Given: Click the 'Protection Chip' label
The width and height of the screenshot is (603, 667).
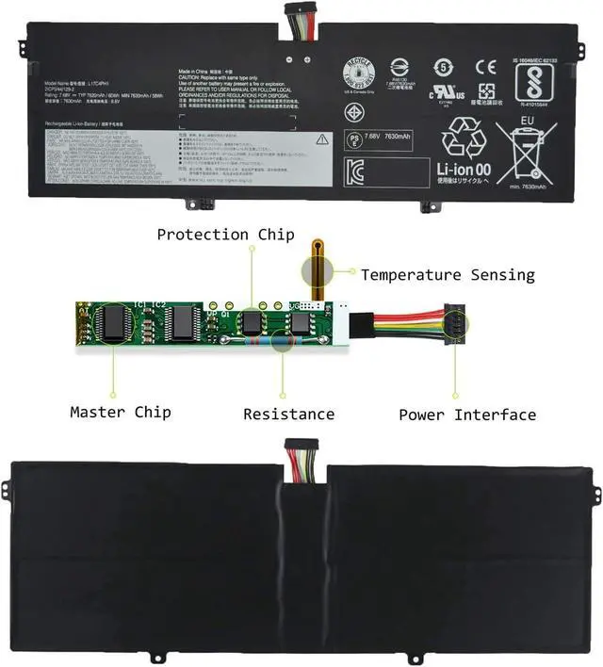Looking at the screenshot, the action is tap(225, 235).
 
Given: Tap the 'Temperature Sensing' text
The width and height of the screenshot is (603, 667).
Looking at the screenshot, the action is tap(448, 275).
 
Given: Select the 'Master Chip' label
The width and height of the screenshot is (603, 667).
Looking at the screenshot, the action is tap(121, 413).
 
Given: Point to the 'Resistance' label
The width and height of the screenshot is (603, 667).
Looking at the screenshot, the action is tap(288, 414).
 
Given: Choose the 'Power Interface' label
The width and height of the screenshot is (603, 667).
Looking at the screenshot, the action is tap(467, 415).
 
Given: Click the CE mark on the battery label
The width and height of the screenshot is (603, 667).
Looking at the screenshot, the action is tap(485, 67).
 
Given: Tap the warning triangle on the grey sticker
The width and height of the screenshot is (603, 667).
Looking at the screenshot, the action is tap(322, 138).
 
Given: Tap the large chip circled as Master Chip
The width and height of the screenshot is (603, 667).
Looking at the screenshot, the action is tap(117, 321).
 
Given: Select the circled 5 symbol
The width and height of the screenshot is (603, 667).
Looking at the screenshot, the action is tap(443, 67).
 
